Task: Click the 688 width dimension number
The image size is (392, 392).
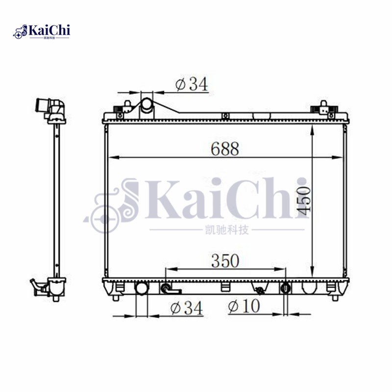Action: click(x=225, y=148)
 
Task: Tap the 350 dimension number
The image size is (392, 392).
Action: click(x=225, y=261)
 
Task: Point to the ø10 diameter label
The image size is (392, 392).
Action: click(x=244, y=307)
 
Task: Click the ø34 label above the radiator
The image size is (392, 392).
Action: click(x=192, y=84)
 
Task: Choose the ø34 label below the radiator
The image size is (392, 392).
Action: click(x=186, y=308)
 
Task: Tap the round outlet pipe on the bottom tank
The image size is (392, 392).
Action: click(x=142, y=288)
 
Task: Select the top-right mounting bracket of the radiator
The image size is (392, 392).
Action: click(x=324, y=107)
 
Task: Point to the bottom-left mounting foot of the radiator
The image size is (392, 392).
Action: click(x=116, y=296)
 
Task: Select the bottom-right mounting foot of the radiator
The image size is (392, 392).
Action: click(x=335, y=296)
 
